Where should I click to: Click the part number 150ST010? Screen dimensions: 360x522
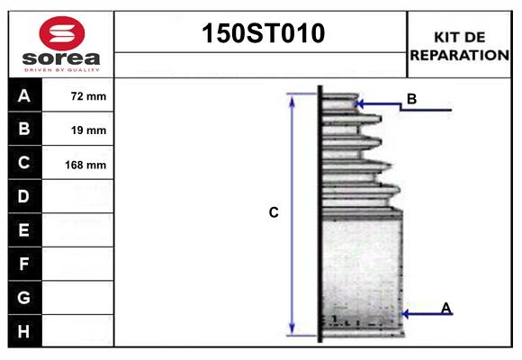click(x=261, y=34)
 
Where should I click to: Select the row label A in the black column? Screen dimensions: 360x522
click(x=24, y=95)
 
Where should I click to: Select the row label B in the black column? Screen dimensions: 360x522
click(x=24, y=130)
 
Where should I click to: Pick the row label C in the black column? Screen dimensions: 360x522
click(x=24, y=163)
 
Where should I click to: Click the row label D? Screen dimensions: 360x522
click(x=24, y=196)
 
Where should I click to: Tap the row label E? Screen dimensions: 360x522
click(x=24, y=230)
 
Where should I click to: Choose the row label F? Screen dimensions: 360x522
click(x=24, y=264)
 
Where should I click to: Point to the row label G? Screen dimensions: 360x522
click(x=24, y=297)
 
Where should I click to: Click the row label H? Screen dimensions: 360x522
click(x=24, y=330)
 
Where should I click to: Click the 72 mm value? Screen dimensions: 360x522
click(x=88, y=96)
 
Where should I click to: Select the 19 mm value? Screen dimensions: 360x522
click(x=88, y=130)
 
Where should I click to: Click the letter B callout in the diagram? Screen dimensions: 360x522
click(x=411, y=99)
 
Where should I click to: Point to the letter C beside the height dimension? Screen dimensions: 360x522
click(x=274, y=213)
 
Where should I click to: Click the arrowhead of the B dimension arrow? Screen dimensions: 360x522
click(x=361, y=104)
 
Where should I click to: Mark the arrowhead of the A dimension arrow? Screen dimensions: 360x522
click(x=404, y=313)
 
